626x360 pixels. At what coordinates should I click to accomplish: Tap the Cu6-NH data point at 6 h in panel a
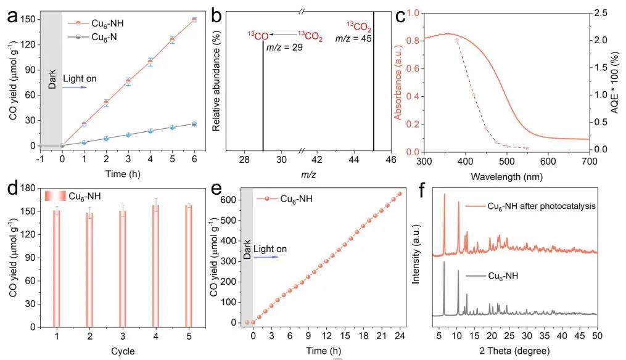click(x=194, y=20)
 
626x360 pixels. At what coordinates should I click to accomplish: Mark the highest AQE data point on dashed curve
click(x=457, y=40)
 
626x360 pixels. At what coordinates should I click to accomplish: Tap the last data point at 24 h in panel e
click(x=399, y=194)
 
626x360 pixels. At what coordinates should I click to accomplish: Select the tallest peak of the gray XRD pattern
click(x=444, y=263)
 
